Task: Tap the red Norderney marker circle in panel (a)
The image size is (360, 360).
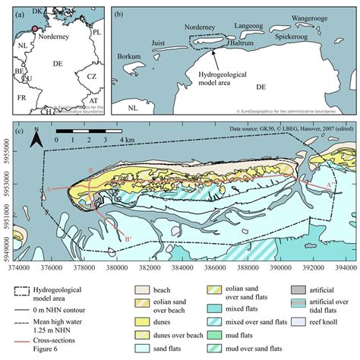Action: tap(33, 30)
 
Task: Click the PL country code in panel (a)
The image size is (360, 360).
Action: tap(96, 33)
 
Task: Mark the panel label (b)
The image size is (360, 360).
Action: tap(118, 14)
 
